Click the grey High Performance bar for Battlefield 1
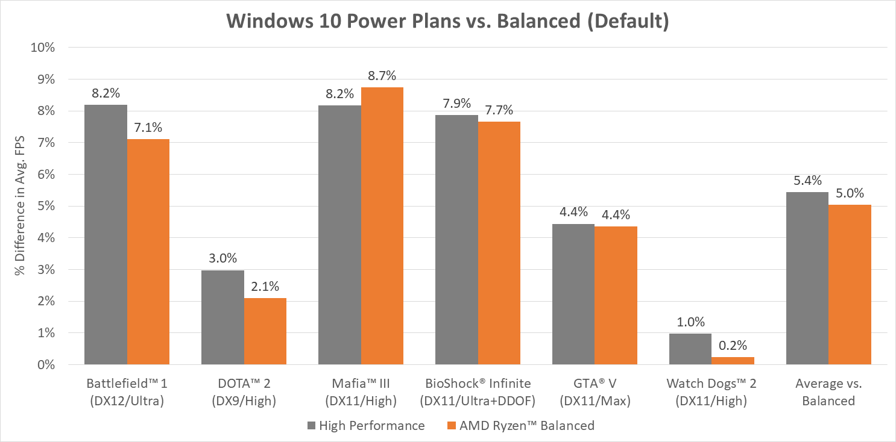pos(106,235)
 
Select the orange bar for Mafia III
pos(382,226)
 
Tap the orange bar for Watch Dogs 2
pos(733,361)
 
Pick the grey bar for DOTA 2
pos(222,317)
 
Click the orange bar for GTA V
pos(616,295)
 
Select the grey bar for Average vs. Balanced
pos(807,278)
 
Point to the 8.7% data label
pos(382,76)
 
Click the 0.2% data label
pos(733,346)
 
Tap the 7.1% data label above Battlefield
pos(148,128)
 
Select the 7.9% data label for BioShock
pos(456,103)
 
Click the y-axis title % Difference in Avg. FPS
pos(21,207)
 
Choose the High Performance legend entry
pos(367,426)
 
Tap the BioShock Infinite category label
pos(476,392)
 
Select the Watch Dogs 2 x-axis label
pos(711,392)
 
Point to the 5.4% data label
pos(807,181)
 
